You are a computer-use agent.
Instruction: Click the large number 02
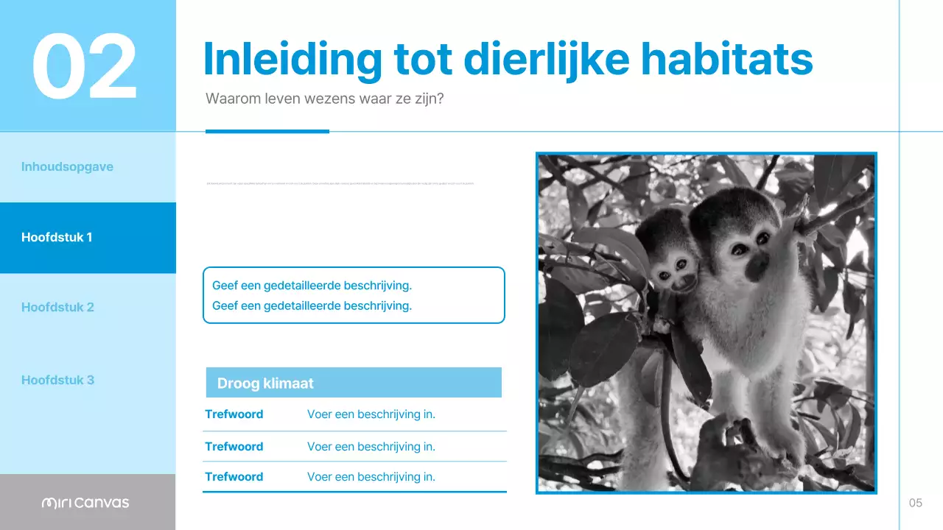pos(85,66)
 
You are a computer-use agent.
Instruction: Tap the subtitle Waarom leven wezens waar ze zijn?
pos(324,99)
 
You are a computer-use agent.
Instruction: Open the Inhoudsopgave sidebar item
pos(67,166)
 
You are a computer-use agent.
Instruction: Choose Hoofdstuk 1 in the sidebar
pos(57,237)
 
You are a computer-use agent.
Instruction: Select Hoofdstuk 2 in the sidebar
pos(57,307)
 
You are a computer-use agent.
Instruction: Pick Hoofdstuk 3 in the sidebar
pos(57,380)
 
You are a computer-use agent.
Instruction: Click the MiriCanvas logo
pos(85,503)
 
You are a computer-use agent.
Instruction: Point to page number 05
pos(915,503)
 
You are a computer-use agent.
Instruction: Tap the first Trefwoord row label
pos(234,414)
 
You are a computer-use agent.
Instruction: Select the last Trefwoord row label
pos(234,477)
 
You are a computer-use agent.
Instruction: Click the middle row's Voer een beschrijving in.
pos(371,446)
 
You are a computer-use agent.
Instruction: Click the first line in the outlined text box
pos(312,286)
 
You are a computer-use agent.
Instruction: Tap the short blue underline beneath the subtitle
pos(267,132)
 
